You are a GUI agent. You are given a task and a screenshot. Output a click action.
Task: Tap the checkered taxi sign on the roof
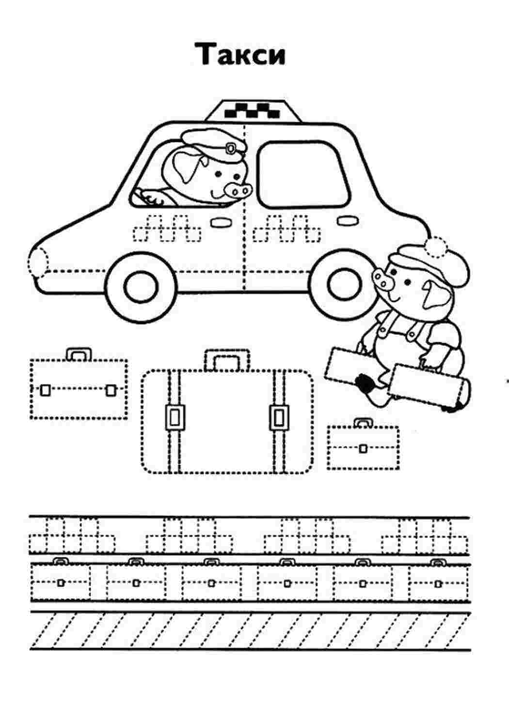point(253,110)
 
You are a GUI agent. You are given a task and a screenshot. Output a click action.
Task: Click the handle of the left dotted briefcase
point(79,354)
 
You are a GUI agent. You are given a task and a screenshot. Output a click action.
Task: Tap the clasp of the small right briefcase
point(363,448)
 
